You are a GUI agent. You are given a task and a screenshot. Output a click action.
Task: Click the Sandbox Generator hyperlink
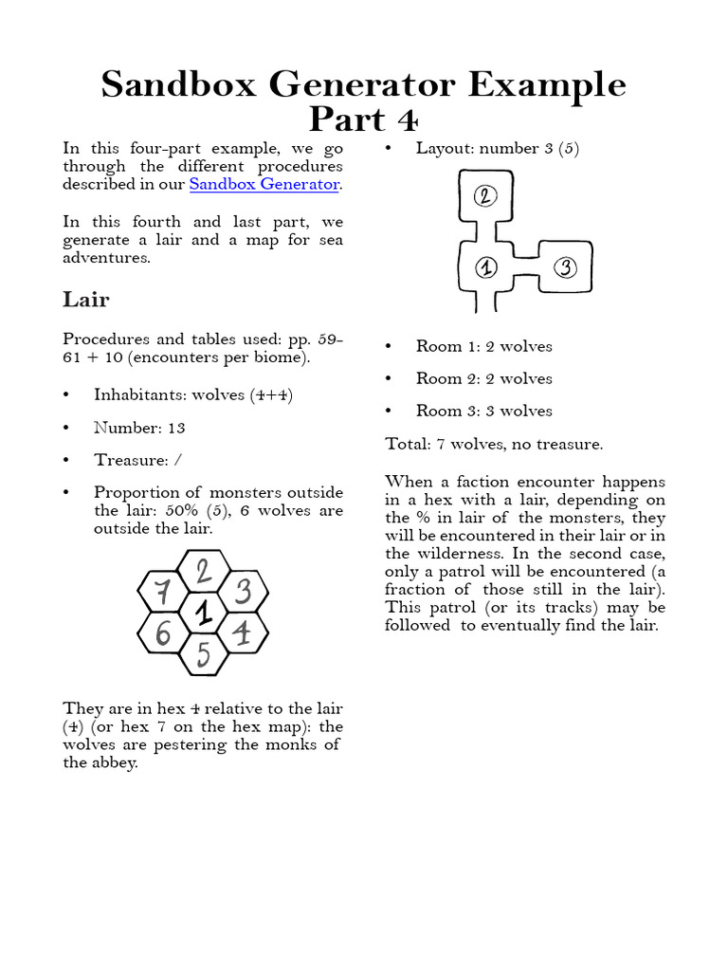(x=264, y=184)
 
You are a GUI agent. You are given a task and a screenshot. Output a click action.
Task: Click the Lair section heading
(x=86, y=300)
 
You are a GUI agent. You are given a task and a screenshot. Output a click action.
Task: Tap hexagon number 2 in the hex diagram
(x=203, y=572)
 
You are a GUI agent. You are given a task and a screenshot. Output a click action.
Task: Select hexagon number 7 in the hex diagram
(x=163, y=594)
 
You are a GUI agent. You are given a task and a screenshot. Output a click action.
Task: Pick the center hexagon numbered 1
(x=203, y=614)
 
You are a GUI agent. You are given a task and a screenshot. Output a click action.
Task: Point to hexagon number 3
(x=243, y=594)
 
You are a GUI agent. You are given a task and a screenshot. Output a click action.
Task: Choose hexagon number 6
(x=163, y=632)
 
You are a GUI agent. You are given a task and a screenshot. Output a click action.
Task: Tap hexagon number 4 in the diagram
(x=242, y=632)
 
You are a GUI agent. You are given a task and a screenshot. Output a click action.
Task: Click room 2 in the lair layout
(x=484, y=197)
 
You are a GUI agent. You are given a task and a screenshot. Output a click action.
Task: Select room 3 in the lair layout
(x=565, y=267)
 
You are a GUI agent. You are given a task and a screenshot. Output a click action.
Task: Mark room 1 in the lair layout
(x=484, y=268)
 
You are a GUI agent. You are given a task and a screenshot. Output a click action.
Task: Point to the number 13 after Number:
(x=176, y=428)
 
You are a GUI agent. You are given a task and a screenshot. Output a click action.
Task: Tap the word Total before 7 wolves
(x=408, y=444)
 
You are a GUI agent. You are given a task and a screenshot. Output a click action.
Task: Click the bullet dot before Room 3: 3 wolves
(x=390, y=411)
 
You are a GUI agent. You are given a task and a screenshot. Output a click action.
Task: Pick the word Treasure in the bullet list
(x=128, y=460)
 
